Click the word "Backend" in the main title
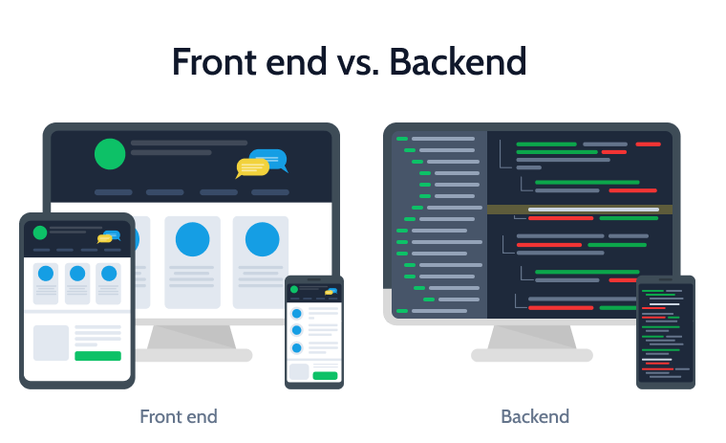pos(458,61)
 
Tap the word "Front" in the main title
pos(215,61)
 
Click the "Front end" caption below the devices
pos(179,416)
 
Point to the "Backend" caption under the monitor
pos(535,416)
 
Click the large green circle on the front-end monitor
pos(110,154)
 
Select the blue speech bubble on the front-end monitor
pos(269,160)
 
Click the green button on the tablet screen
pos(97,356)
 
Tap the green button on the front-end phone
pos(325,375)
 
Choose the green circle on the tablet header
pos(40,233)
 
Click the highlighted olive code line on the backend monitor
pos(580,210)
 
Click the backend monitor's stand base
pos(531,355)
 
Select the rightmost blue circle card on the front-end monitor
pos(261,262)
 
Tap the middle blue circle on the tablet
pos(77,274)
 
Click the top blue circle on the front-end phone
pos(297,314)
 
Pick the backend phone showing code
pos(666,332)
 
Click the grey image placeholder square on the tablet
pos(51,343)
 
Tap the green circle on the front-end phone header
pos(293,290)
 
